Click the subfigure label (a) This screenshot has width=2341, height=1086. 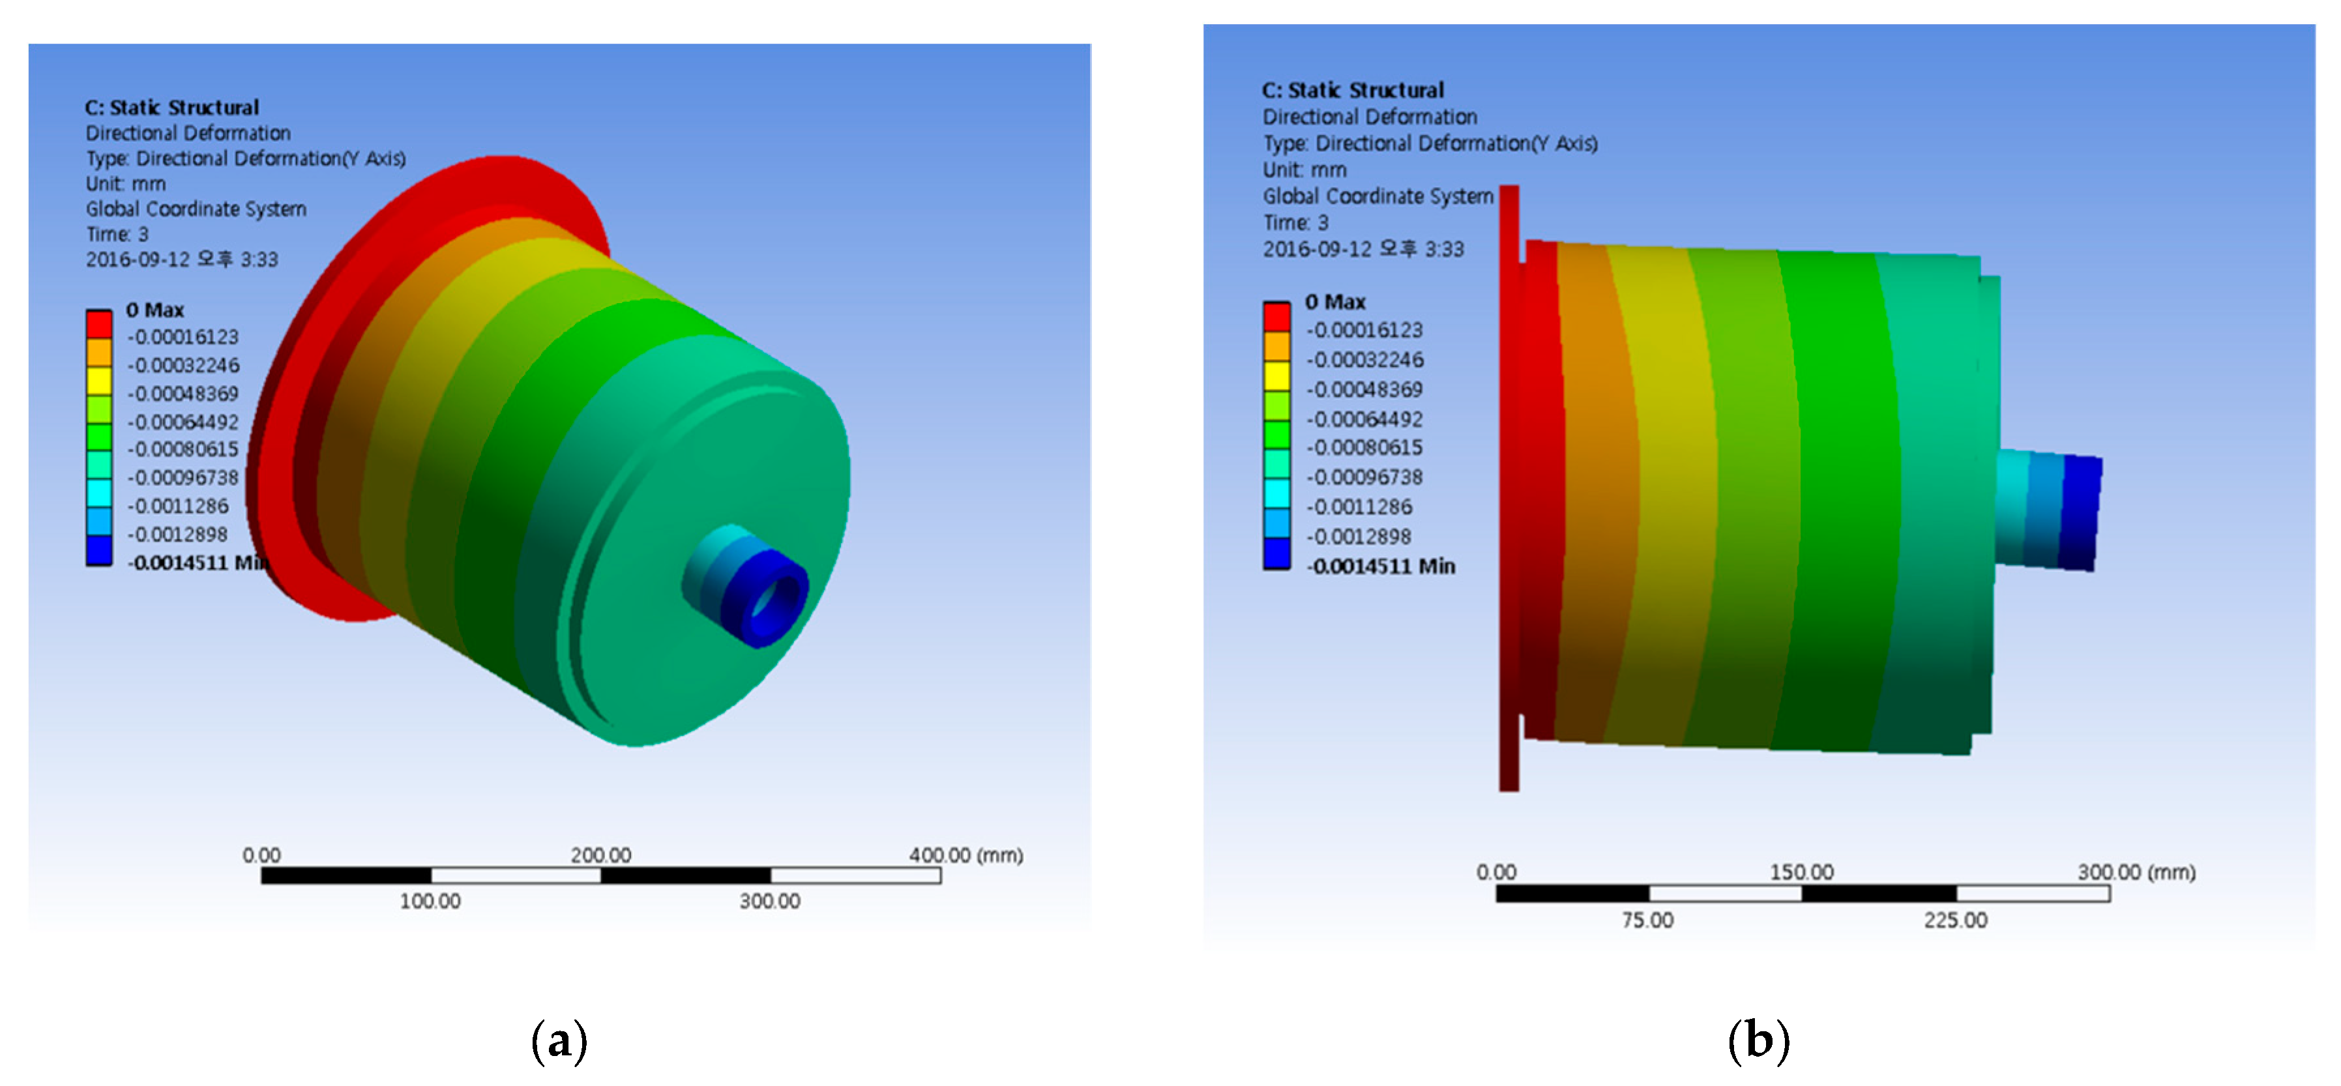pyautogui.click(x=559, y=1040)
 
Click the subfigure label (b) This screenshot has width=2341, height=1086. pyautogui.click(x=1758, y=1040)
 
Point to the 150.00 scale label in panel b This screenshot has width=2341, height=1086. pyautogui.click(x=1801, y=872)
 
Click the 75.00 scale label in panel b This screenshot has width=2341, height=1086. pyautogui.click(x=1647, y=920)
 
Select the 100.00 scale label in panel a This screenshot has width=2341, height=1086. pyautogui.click(x=430, y=902)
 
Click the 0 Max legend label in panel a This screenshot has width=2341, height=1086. pyautogui.click(x=155, y=310)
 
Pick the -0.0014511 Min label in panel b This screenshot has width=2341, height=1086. pyautogui.click(x=1381, y=566)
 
